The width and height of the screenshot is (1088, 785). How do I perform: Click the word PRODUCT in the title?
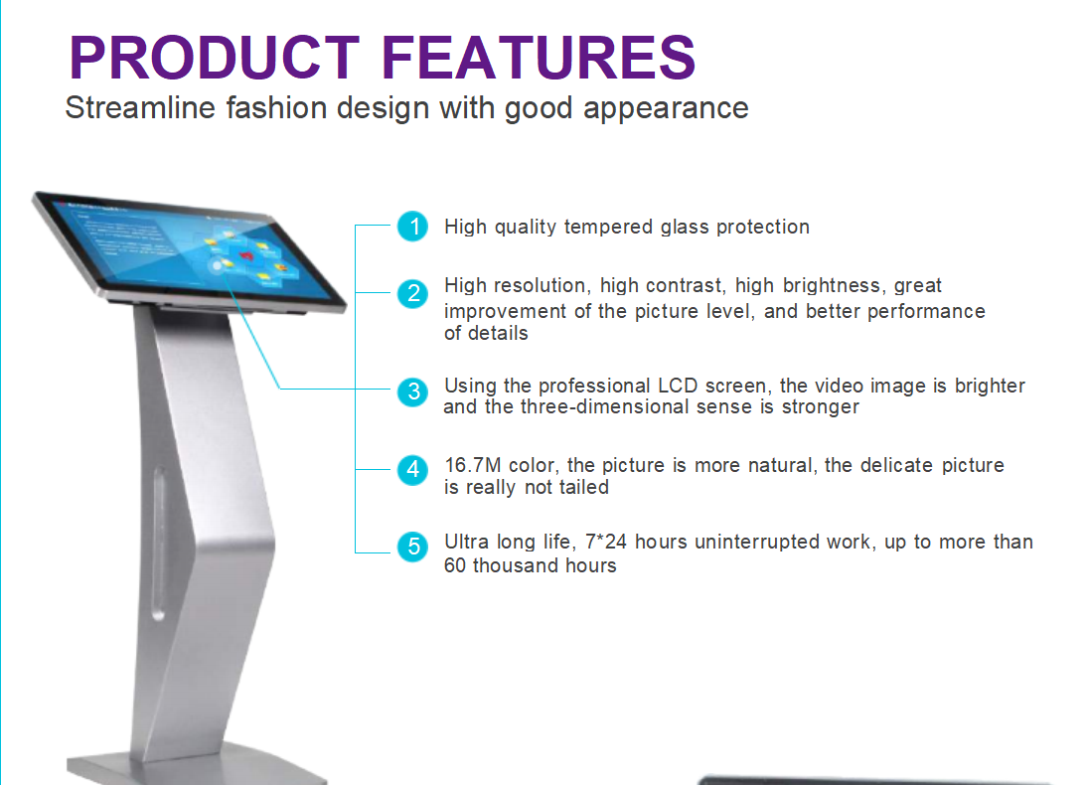point(215,58)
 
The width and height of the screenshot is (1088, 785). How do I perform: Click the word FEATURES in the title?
point(538,58)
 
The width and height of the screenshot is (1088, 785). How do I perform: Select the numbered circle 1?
point(413,227)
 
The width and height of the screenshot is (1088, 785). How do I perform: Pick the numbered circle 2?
point(413,293)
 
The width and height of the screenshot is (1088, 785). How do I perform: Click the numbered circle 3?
point(413,392)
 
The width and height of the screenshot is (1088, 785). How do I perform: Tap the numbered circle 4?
point(413,470)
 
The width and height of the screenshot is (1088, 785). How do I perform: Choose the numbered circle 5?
point(413,547)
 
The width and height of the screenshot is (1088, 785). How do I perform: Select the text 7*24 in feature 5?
point(606,543)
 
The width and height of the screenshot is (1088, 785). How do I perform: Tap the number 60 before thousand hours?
point(454,565)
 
